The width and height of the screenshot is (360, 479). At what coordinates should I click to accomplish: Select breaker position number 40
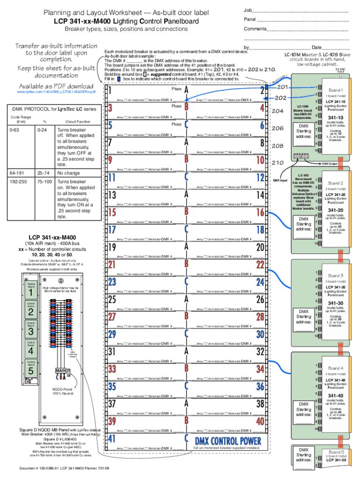(260, 421)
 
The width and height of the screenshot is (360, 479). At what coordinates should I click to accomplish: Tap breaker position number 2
(262, 91)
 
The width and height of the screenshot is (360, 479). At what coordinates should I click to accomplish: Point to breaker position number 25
(113, 299)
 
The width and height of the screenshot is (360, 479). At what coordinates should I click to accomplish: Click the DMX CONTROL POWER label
(228, 441)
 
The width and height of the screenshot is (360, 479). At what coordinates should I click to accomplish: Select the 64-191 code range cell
(18, 173)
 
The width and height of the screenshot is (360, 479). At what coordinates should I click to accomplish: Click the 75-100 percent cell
(43, 181)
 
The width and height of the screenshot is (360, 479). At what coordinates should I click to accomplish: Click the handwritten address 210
(278, 163)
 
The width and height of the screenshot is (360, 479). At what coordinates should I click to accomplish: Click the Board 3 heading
(336, 276)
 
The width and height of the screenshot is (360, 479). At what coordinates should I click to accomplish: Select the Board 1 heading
(336, 90)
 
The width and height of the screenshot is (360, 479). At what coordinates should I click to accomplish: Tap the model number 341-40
(336, 396)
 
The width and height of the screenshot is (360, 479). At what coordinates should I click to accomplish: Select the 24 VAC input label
(340, 70)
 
